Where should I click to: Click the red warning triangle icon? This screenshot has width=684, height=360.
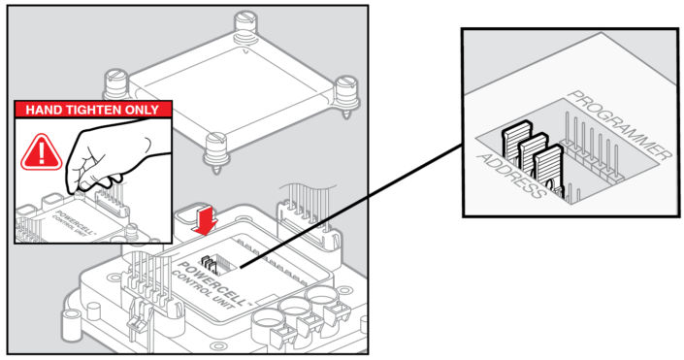point(42,152)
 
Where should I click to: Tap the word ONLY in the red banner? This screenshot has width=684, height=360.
point(143,110)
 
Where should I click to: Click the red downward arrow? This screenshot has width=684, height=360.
point(205,220)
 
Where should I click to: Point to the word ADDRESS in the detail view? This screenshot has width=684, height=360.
point(511,176)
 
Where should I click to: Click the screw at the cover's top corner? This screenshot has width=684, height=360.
point(245,25)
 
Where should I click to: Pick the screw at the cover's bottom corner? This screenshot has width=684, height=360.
point(215,150)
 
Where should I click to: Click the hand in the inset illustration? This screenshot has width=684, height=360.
point(112,156)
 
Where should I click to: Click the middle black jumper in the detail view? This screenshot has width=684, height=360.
point(532,155)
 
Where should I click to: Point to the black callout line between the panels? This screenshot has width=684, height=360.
point(350,205)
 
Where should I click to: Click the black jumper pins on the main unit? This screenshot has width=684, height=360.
point(210,264)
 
